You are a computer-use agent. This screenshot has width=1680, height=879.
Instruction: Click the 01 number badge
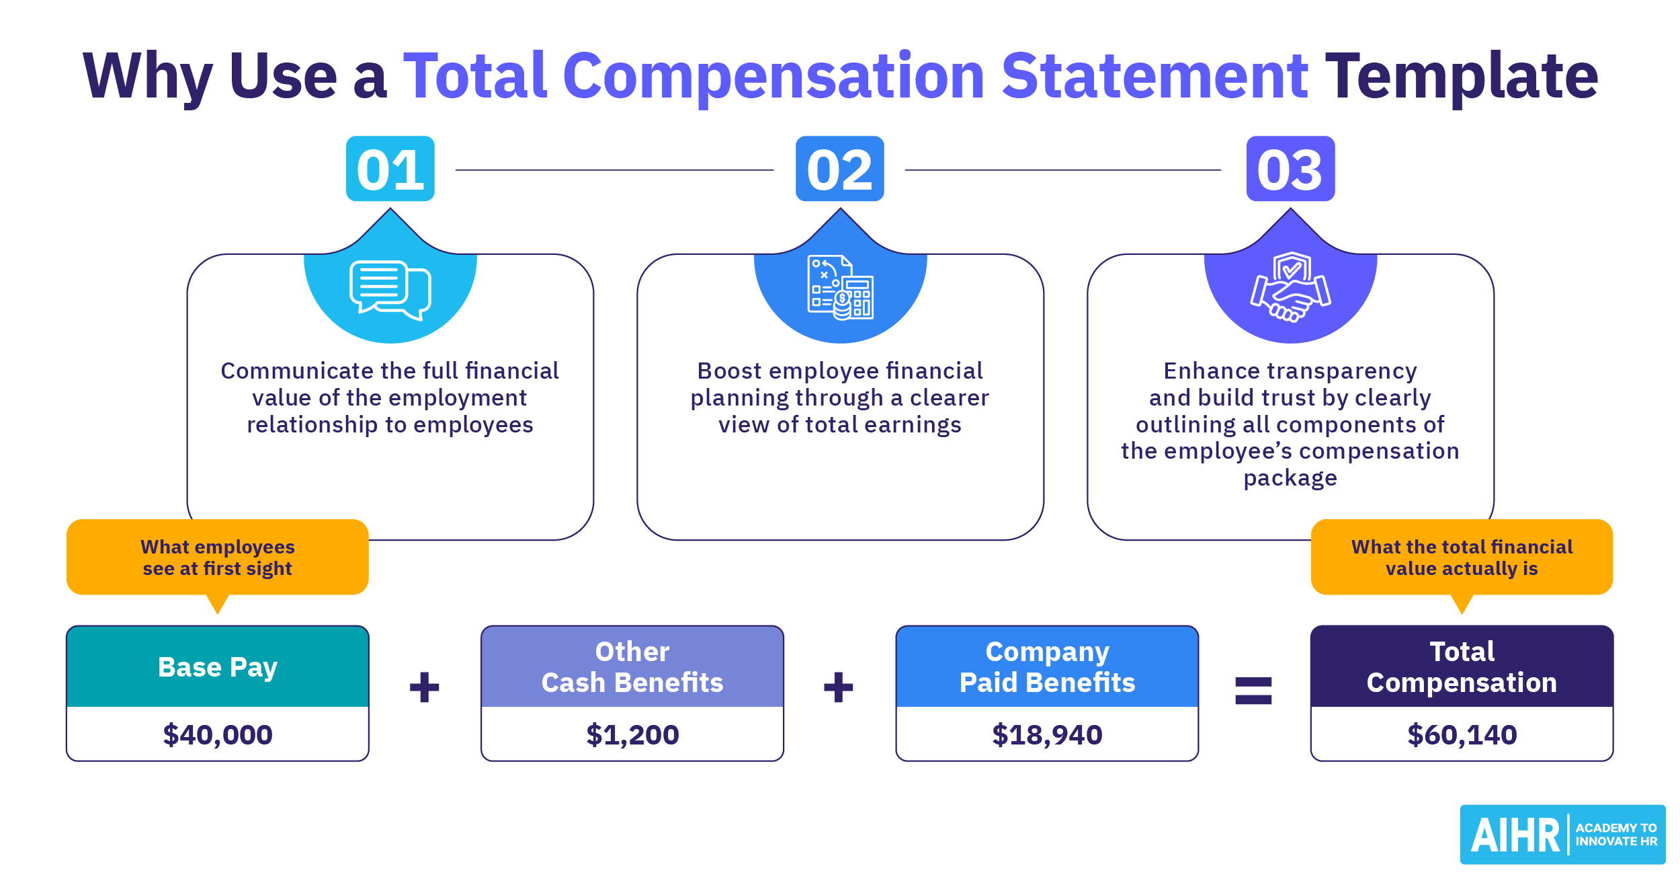pos(390,169)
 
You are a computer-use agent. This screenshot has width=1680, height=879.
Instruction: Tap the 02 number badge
pos(839,169)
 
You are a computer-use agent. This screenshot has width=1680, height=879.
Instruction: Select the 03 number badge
pos(1290,169)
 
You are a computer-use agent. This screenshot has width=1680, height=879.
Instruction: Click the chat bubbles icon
pos(390,290)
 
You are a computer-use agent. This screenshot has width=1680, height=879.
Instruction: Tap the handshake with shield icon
pos(1290,287)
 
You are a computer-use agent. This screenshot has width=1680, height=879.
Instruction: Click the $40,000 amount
pos(218,734)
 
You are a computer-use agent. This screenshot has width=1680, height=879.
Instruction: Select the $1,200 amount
pos(632,734)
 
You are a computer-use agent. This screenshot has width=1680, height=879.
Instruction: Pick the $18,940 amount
pos(1047,734)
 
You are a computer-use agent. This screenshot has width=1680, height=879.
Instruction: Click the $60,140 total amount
pos(1462,734)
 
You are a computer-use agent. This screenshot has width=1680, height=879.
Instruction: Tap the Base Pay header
pos(218,667)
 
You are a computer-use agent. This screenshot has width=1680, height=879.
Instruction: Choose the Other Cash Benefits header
pos(632,667)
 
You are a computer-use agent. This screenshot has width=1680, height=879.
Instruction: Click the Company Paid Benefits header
pos(1047,667)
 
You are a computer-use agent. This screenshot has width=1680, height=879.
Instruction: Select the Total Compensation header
pos(1462,667)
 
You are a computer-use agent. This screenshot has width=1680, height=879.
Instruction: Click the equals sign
pos(1253,690)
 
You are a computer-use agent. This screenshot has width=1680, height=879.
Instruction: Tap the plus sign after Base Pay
pos(424,687)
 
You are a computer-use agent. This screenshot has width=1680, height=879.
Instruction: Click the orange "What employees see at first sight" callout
pos(218,558)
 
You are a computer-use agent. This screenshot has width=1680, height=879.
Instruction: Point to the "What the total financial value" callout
pos(1462,558)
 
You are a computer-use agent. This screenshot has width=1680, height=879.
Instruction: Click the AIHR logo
pos(1562,835)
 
